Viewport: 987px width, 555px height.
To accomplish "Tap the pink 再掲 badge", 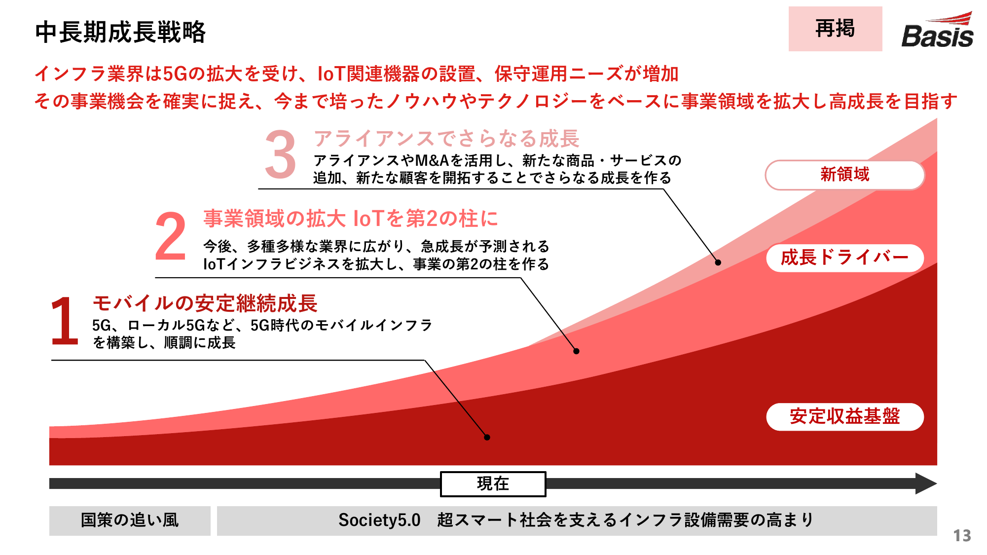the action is pos(835,29).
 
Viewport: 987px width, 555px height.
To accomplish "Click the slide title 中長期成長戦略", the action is pos(120,33).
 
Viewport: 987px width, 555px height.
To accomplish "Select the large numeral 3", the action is pos(280,154).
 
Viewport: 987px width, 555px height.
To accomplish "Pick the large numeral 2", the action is pos(171,236).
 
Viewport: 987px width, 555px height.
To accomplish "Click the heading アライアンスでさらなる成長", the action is pos(446,139).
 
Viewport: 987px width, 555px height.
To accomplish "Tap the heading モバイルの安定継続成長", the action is pos(205,303).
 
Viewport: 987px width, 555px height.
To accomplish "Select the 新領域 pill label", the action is pos(845,175).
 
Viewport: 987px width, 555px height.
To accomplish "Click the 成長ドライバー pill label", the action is pos(845,258).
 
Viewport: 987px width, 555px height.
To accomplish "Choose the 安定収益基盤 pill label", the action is pos(845,416).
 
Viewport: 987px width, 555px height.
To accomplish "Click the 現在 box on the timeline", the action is pos(493,483).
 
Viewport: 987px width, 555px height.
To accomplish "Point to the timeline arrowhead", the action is pos(926,483).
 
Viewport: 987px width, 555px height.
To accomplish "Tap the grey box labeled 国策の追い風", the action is pos(130,520).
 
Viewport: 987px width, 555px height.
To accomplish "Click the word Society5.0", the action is pos(379,520).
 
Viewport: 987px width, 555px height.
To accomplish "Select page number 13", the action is pos(962,536).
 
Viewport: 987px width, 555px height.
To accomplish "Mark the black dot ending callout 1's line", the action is pos(487,437).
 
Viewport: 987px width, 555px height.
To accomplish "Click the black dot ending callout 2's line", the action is pos(576,351).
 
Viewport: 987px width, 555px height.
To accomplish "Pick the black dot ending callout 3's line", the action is pos(718,262).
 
